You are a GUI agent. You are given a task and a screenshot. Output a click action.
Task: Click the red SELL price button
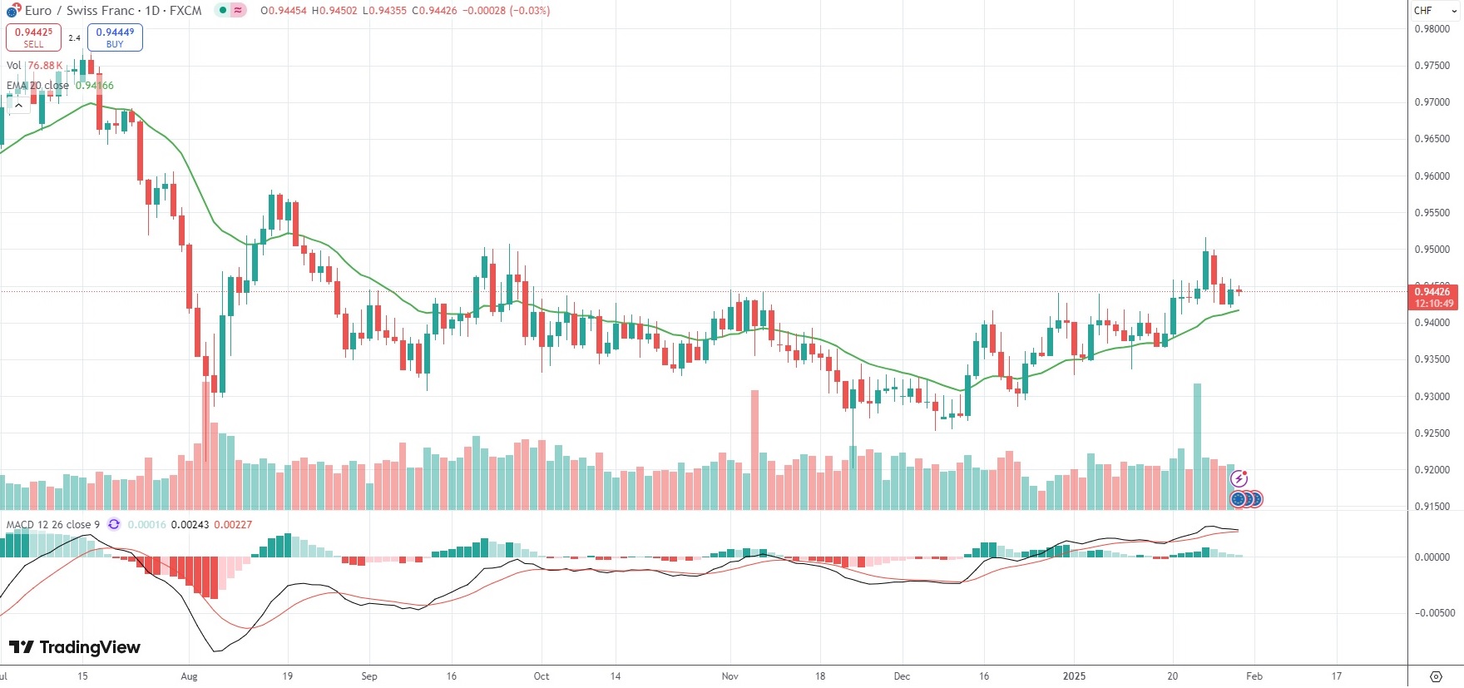coord(33,37)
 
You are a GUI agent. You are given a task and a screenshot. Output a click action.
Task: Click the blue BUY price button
coord(115,37)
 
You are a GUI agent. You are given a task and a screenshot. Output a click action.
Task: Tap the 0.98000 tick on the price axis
coord(1432,29)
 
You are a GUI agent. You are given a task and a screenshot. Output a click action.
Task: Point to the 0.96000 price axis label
coord(1432,176)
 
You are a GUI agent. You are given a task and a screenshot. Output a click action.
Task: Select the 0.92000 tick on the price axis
coord(1432,470)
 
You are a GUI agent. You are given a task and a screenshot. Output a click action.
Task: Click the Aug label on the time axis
coord(189,676)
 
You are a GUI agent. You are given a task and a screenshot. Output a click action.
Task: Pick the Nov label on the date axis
coord(730,676)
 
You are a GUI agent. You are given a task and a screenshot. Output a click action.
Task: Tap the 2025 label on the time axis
coord(1074,676)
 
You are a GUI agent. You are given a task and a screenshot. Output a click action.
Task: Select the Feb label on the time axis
coord(1254,676)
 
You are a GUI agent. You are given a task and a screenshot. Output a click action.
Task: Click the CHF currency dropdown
coord(1434,11)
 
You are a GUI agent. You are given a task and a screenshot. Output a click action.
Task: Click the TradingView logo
coord(75,647)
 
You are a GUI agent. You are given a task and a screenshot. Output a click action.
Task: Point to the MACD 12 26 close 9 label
coord(53,525)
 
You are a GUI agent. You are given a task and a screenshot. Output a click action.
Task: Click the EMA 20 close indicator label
coord(38,86)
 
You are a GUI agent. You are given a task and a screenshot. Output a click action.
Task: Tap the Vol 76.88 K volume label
coord(34,66)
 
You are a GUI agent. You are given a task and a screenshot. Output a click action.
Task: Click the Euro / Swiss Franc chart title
coord(113,11)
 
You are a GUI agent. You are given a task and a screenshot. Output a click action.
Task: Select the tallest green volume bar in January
coord(1197,446)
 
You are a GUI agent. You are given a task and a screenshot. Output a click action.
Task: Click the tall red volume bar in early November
coord(754,449)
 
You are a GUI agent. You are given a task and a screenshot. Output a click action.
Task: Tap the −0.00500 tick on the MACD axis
coord(1435,613)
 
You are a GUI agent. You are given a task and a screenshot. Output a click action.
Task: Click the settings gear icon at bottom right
coord(1435,676)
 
